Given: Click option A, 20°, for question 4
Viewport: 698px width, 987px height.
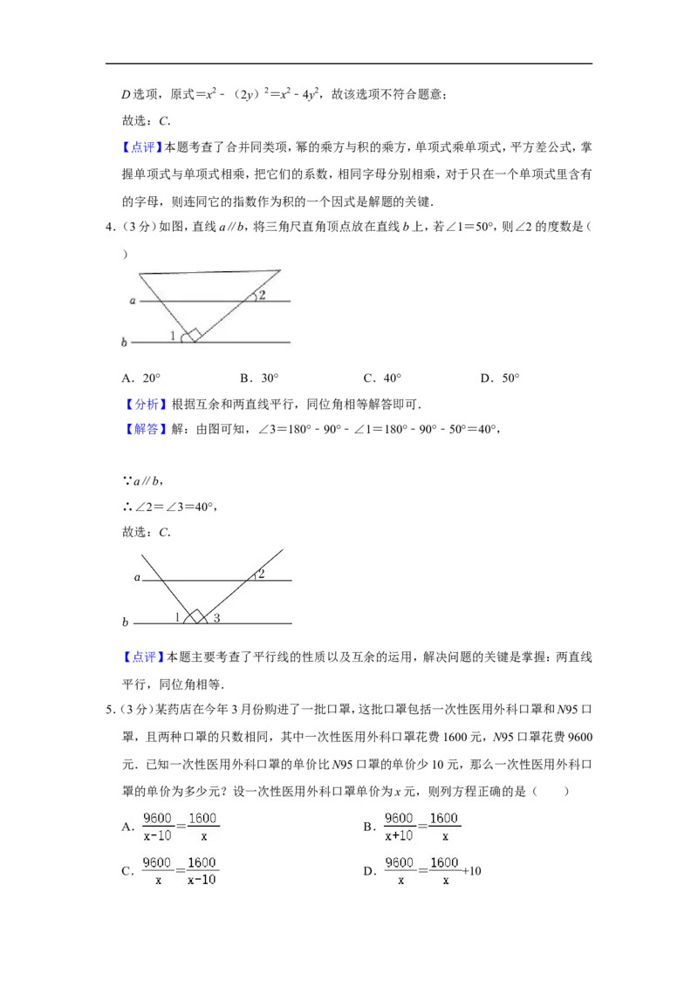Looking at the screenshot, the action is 141,378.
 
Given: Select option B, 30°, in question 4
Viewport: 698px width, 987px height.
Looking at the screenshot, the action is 259,378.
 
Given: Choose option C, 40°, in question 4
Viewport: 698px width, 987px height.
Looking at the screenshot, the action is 382,378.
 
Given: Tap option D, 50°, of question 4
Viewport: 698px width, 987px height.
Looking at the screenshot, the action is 500,378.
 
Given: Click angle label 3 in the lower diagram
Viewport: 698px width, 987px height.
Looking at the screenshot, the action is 216,617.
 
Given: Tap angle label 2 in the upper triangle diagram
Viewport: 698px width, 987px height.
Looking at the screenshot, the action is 262,295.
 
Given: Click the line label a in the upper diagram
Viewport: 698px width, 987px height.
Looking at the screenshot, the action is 133,301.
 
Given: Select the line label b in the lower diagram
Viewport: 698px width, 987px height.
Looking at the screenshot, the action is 125,622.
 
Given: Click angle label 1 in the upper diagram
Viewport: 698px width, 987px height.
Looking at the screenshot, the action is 173,336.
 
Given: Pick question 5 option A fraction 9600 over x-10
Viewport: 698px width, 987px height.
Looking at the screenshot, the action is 158,827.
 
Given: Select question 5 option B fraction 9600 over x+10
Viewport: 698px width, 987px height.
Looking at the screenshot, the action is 399,827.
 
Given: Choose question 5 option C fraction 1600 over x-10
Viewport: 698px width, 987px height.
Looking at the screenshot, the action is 202,870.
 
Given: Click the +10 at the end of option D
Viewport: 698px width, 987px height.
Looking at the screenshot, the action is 472,871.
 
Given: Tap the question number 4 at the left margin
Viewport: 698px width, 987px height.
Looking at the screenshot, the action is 109,227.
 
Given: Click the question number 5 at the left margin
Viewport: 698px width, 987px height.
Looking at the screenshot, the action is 109,710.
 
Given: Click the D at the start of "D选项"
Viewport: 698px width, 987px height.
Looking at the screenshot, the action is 126,94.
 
